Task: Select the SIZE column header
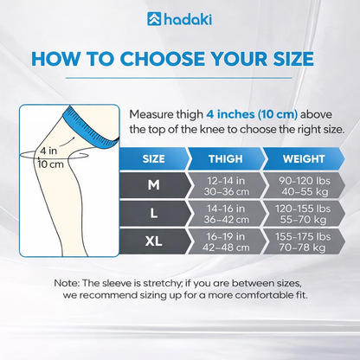(x=154, y=159)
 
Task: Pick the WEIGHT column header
(x=295, y=159)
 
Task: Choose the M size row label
(x=154, y=184)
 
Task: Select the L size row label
(x=154, y=214)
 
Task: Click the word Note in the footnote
(x=67, y=283)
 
